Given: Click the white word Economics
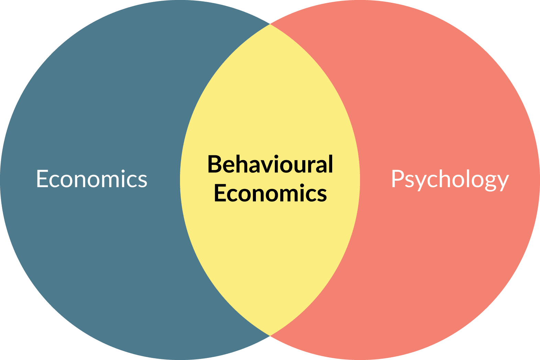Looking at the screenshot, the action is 92,179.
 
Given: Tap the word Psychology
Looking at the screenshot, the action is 450,179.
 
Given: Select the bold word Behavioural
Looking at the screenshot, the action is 270,164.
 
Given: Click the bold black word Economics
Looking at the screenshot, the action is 270,193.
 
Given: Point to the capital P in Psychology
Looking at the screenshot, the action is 397,179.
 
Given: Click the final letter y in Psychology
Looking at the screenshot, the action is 502,182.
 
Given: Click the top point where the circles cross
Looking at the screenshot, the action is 270,24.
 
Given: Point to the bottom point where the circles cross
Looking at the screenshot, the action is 270,336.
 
